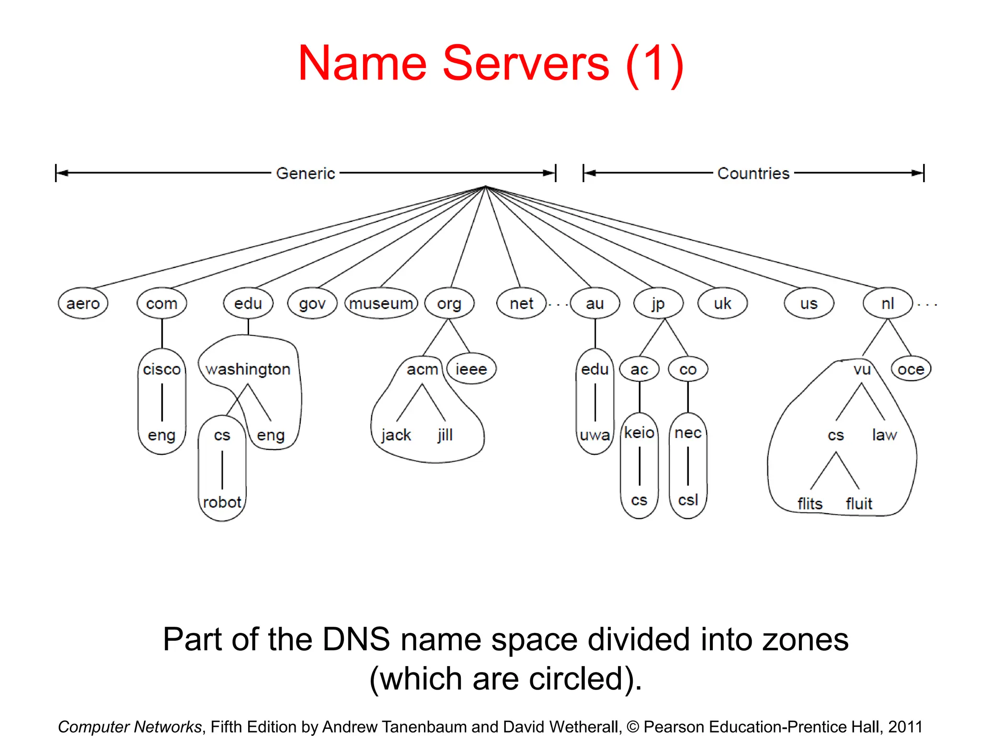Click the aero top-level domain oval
[83, 303]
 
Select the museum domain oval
[381, 303]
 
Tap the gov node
[312, 303]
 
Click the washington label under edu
[248, 369]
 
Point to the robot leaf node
[222, 502]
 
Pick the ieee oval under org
[471, 369]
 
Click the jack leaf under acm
[396, 435]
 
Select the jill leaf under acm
[445, 435]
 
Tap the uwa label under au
[594, 435]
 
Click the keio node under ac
[639, 433]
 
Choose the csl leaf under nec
[688, 500]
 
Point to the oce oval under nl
[911, 369]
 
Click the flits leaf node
[810, 504]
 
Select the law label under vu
[884, 435]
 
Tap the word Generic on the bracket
[306, 173]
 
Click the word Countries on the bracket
[753, 173]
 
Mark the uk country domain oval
[722, 303]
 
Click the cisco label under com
[161, 369]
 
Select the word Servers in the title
[526, 63]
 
